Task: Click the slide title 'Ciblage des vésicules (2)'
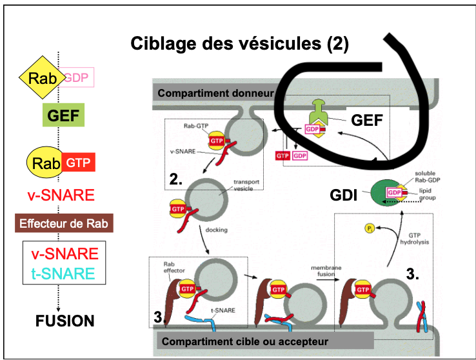(239, 43)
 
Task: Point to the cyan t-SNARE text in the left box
(63, 274)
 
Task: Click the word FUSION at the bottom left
(65, 321)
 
